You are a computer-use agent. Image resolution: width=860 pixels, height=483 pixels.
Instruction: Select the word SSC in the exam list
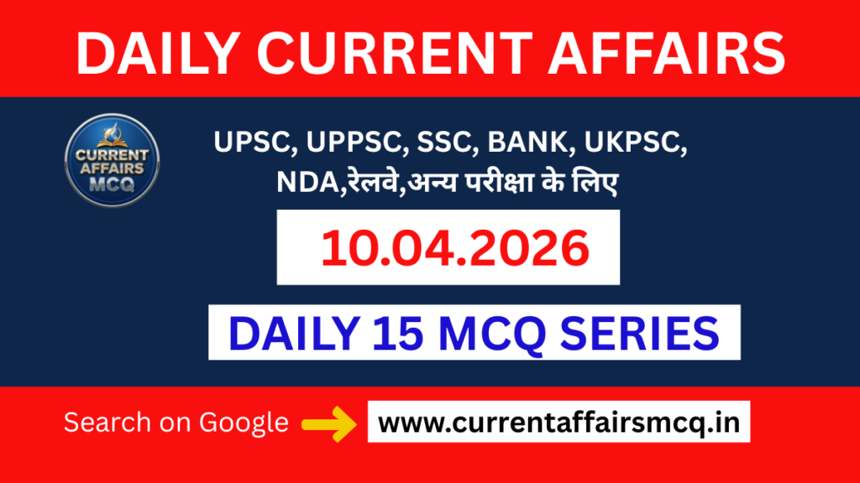(x=433, y=145)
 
